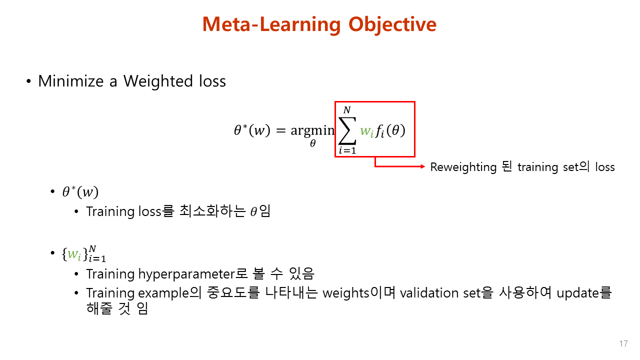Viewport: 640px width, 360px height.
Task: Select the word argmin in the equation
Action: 312,130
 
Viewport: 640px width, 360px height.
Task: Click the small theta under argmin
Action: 312,144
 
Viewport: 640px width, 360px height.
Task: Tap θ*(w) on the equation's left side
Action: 251,130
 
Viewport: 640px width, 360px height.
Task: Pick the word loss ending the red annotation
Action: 604,167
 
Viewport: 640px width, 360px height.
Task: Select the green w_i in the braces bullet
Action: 73,254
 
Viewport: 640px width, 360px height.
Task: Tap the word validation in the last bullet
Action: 425,292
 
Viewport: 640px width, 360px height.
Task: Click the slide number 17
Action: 623,344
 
